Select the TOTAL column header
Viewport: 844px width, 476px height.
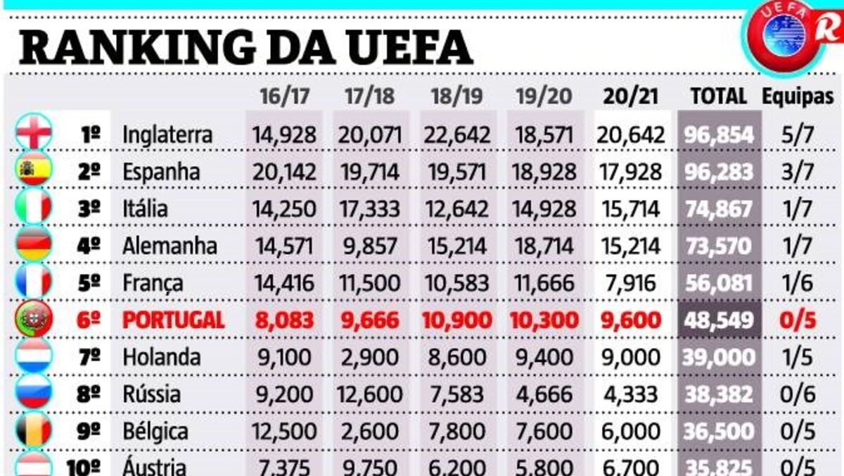[x=718, y=96]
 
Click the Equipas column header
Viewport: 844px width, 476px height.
[x=798, y=96]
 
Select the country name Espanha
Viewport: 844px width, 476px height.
[x=161, y=172]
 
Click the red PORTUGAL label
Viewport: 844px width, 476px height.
[x=173, y=320]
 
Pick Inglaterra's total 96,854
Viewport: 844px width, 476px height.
[x=718, y=134]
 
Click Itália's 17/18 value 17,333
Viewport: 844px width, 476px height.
[x=369, y=209]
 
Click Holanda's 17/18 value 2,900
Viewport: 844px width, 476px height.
[x=369, y=358]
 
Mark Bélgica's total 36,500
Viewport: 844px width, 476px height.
[x=718, y=432]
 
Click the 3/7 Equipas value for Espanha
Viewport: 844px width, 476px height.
[x=798, y=172]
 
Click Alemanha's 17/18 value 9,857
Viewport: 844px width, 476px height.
[x=369, y=246]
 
